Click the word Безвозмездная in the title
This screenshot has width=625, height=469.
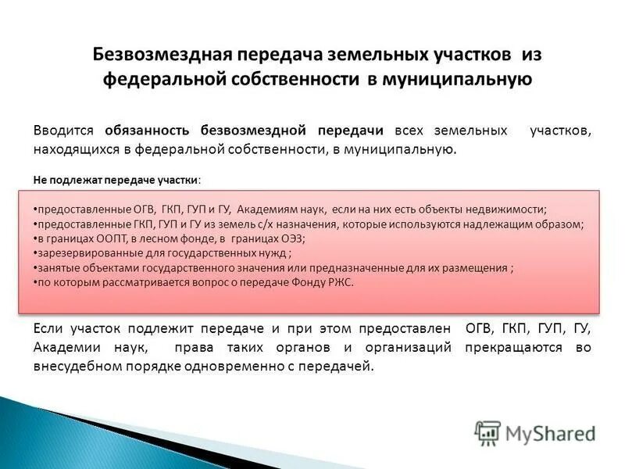tap(159, 55)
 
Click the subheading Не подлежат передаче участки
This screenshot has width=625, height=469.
tap(116, 179)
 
